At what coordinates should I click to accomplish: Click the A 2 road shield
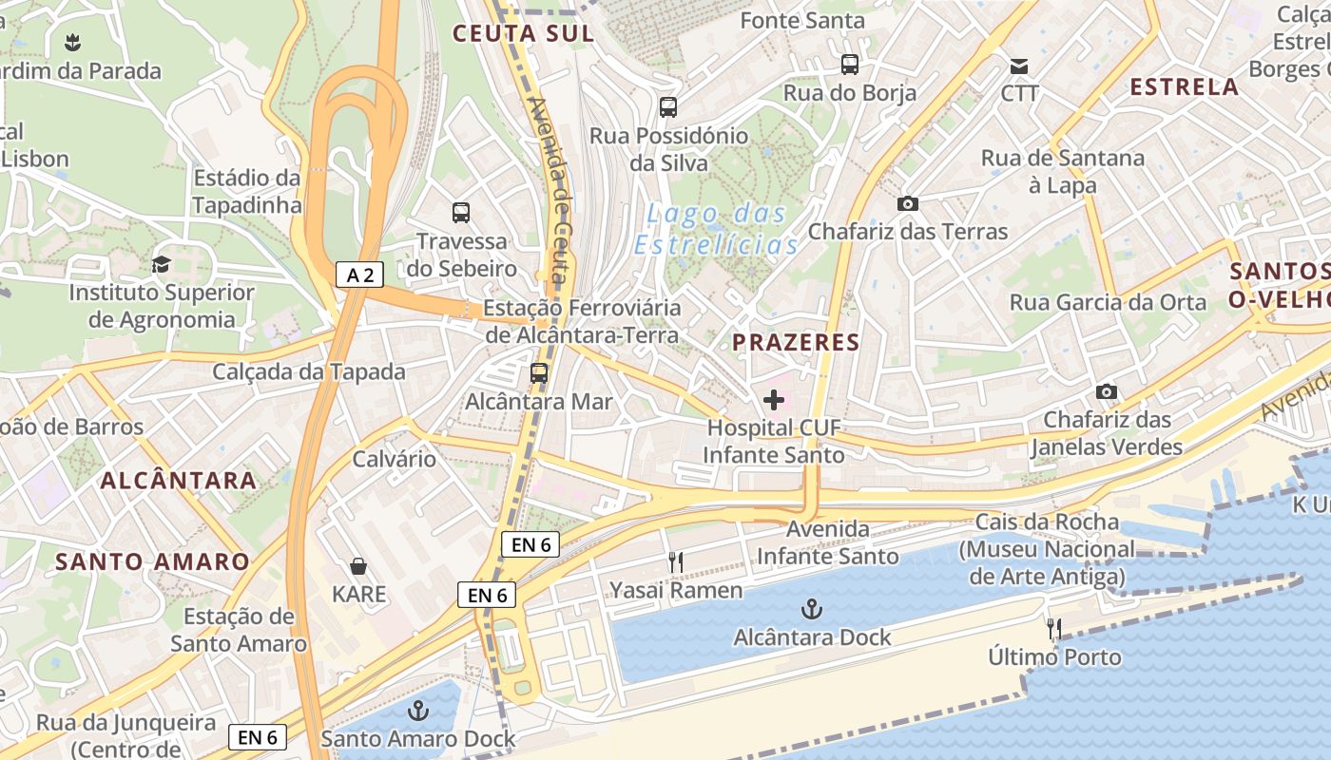click(x=359, y=275)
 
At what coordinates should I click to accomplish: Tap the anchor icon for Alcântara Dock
click(x=812, y=609)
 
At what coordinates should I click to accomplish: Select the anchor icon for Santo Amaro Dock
click(x=417, y=710)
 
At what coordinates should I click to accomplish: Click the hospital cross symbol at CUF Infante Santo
click(x=774, y=400)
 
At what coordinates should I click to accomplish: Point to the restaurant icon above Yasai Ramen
click(x=675, y=562)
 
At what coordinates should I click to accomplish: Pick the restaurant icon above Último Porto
click(x=1053, y=629)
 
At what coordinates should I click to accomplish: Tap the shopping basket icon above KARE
click(x=358, y=566)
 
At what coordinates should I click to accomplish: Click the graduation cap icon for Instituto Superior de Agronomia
click(x=161, y=264)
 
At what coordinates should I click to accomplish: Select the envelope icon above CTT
click(x=1019, y=66)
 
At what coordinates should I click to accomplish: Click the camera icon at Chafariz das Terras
click(x=907, y=203)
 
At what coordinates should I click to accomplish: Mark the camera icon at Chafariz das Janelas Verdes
click(x=1106, y=391)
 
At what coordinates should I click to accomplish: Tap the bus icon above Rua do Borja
click(x=850, y=65)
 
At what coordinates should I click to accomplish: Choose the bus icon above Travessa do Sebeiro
click(x=461, y=213)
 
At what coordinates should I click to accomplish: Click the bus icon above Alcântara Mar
click(x=539, y=373)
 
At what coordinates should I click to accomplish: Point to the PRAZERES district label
click(x=797, y=342)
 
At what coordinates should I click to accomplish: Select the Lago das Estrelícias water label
click(x=717, y=229)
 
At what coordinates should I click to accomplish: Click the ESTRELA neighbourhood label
click(x=1184, y=86)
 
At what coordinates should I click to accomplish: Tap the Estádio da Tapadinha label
click(x=247, y=191)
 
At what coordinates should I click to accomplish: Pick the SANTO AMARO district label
click(x=152, y=561)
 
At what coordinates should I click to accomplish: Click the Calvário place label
click(x=395, y=459)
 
